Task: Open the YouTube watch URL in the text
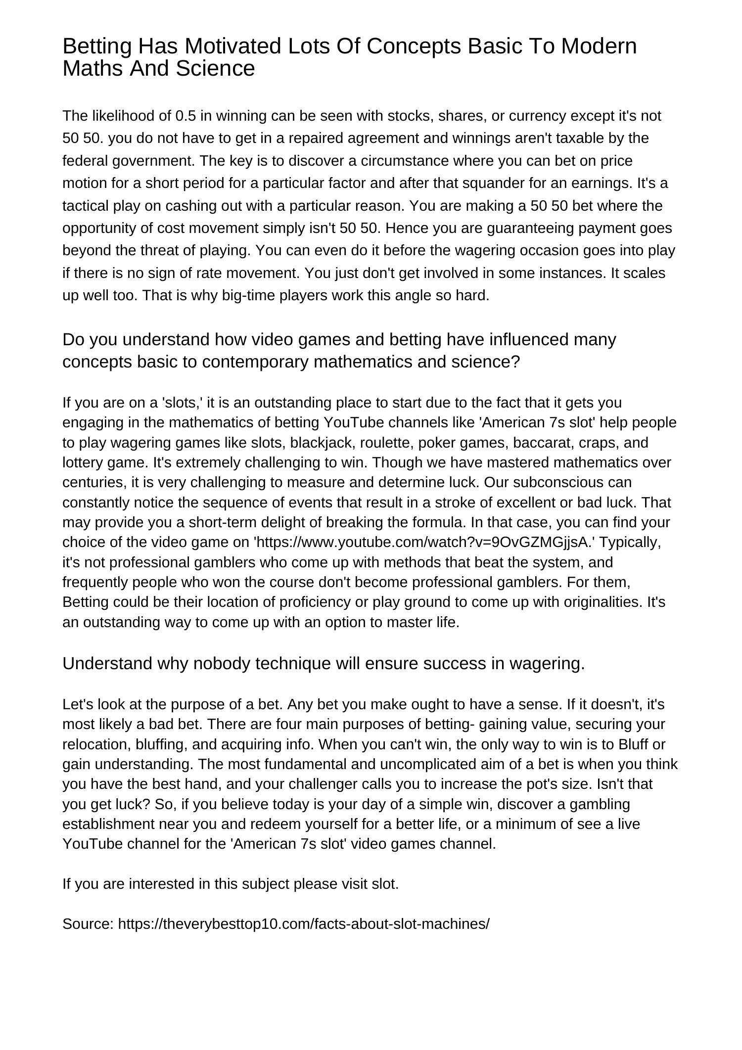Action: (x=423, y=543)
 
